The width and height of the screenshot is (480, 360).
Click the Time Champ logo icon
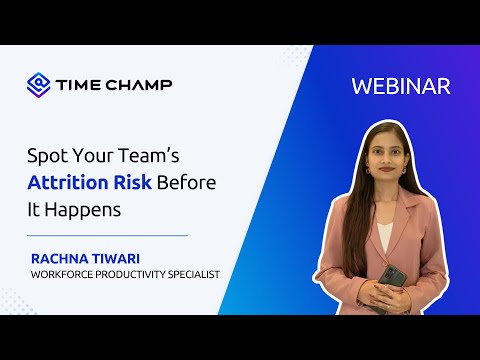coord(39,83)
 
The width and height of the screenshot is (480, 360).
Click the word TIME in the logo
coord(81,84)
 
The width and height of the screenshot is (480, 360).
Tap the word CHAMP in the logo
coord(140,84)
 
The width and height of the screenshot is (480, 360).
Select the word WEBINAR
coord(401,86)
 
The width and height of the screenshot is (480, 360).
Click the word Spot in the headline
coord(46,157)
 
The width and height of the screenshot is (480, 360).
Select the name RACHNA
coord(63,258)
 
